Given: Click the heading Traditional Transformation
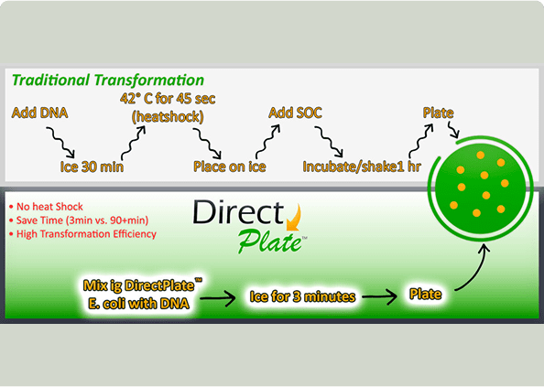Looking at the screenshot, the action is click(108, 80).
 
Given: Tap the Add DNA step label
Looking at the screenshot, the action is click(39, 113).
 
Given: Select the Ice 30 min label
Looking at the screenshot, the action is click(92, 167).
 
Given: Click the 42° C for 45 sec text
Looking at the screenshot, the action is click(168, 99).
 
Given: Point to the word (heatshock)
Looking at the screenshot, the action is click(168, 117).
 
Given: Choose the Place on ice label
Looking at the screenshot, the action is click(230, 167).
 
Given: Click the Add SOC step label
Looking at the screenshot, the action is click(295, 113).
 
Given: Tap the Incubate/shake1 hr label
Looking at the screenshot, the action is click(362, 167).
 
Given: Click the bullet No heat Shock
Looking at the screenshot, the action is click(46, 207).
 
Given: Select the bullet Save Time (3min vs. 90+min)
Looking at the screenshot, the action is click(79, 220).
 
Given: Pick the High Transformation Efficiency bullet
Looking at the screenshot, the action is click(83, 234).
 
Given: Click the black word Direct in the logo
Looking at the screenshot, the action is click(238, 211).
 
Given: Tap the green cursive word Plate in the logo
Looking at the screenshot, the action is click(270, 242).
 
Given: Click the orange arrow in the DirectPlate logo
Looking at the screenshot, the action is click(295, 219).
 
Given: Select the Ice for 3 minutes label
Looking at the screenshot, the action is click(302, 297).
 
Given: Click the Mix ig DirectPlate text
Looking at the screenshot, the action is click(143, 285).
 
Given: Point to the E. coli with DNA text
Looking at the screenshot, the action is click(139, 304).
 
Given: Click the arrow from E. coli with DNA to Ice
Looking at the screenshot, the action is click(218, 298).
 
